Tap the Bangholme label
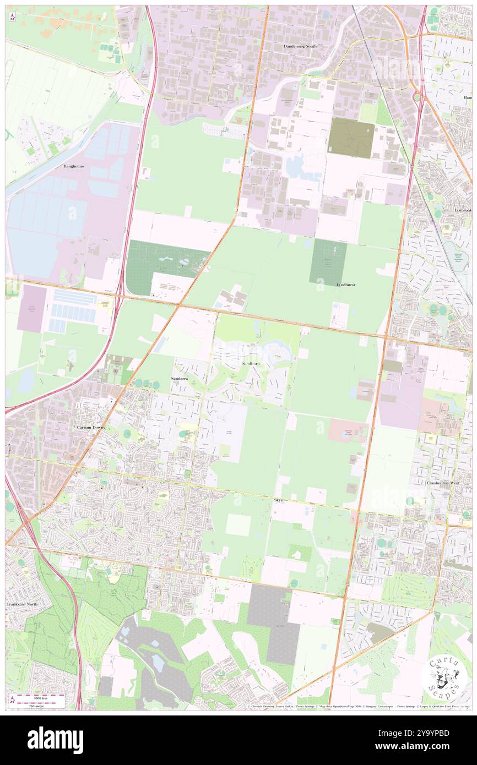pos(73,166)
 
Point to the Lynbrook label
pos(463,210)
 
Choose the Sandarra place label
pos(181,380)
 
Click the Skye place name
pos(278,500)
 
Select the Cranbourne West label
pos(446,483)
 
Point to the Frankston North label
pos(22,604)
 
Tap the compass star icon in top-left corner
pos(12,17)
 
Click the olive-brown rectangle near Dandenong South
pos(351,138)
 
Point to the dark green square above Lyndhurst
pos(328,261)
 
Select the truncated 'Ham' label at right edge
pos(468,97)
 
